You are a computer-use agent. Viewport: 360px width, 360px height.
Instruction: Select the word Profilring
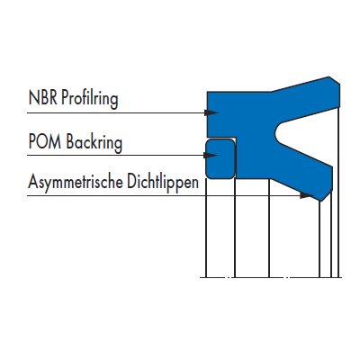pyautogui.click(x=90, y=99)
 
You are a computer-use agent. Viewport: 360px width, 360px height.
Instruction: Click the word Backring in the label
pyautogui.click(x=94, y=142)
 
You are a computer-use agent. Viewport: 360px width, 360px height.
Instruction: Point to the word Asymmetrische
pyautogui.click(x=76, y=181)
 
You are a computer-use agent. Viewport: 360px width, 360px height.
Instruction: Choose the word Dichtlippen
pyautogui.click(x=163, y=181)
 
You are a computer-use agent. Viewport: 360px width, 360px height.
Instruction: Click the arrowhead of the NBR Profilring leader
pyautogui.click(x=211, y=112)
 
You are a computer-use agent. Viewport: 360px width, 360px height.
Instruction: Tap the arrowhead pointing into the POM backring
pyautogui.click(x=211, y=155)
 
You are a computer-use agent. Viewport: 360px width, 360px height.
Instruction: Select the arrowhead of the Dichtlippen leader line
pyautogui.click(x=307, y=195)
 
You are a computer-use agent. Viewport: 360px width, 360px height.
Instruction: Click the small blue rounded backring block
pyautogui.click(x=220, y=158)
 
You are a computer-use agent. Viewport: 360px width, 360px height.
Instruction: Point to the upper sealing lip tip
pyautogui.click(x=335, y=81)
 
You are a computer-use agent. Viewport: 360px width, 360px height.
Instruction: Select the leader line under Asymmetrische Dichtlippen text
pyautogui.click(x=170, y=195)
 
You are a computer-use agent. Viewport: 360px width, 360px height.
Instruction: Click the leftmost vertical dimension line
pyautogui.click(x=206, y=228)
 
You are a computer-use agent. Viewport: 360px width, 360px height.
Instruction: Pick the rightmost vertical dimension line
pyautogui.click(x=339, y=192)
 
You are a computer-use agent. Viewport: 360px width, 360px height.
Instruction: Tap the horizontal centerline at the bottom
pyautogui.click(x=271, y=277)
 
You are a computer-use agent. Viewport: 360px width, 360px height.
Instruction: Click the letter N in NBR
pyautogui.click(x=32, y=97)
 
